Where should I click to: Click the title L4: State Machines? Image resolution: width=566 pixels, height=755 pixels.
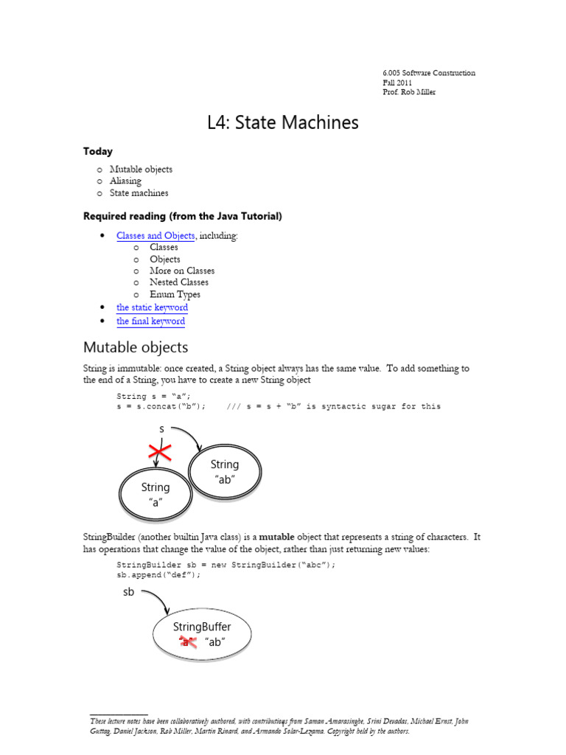click(x=283, y=122)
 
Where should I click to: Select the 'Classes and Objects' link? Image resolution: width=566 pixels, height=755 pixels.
click(x=156, y=236)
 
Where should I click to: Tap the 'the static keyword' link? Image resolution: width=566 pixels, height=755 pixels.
click(x=152, y=307)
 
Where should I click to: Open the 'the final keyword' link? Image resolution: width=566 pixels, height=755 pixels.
click(x=150, y=321)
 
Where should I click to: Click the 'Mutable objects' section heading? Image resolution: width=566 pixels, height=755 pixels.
click(x=136, y=347)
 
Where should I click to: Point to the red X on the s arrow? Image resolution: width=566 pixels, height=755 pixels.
click(x=161, y=453)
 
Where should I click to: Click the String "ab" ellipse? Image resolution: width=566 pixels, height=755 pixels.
click(x=225, y=472)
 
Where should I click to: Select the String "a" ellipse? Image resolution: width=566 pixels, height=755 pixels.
click(x=156, y=495)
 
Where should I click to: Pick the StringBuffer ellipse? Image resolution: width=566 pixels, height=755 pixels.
click(x=202, y=634)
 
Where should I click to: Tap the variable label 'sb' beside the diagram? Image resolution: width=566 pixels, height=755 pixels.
click(x=129, y=592)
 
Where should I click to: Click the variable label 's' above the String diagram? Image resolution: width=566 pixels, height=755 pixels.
click(x=161, y=428)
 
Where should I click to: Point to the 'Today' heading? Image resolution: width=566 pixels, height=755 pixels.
click(x=98, y=151)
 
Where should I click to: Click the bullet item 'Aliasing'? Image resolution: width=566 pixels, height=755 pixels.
click(x=125, y=181)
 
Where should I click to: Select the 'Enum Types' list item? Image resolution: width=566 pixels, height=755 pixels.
click(x=175, y=294)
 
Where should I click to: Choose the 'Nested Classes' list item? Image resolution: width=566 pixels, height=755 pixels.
click(x=179, y=282)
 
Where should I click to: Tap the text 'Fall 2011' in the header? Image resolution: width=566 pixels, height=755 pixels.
click(x=397, y=83)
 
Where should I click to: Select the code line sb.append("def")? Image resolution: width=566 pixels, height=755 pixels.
click(x=158, y=575)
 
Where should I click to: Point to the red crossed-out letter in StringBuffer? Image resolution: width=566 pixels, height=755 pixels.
click(x=188, y=642)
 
